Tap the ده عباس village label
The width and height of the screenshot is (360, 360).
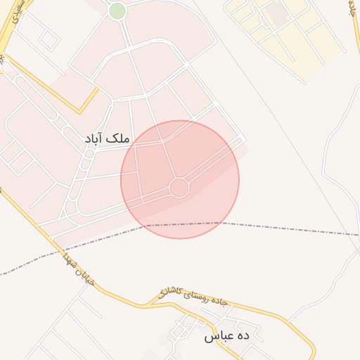227,336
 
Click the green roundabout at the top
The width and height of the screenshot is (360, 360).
117,11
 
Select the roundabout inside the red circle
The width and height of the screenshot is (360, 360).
179,188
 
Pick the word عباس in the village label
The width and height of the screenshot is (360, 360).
217,337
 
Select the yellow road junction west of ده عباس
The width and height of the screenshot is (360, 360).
148,304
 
